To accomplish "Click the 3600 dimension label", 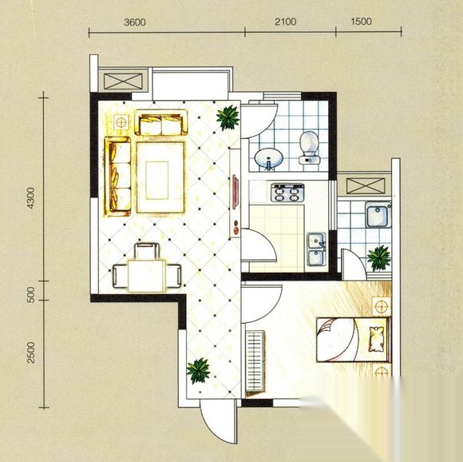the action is pos(135,22).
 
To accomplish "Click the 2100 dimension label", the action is pos(286,22).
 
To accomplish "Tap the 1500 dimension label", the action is pos(361,22).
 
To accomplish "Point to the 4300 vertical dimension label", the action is pos(30,198).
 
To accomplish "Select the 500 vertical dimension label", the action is pos(30,294).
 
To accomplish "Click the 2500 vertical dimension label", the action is pos(30,352).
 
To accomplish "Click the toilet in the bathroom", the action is pos(309,148).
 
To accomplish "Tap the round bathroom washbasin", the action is pos(269,158).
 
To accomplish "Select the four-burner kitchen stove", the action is pos(287,193).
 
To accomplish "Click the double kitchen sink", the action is pos(317,249).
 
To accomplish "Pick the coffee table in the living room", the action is pos(161,177).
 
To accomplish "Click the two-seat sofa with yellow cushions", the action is pos(161,122).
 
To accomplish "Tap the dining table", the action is pos(147,276).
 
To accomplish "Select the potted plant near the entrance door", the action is pos(198,371).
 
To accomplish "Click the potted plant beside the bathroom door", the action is pos(228,117).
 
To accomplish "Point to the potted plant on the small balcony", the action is pos(378,257).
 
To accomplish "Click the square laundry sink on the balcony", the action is pos(378,214).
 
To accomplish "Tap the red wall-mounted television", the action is pos(235,192).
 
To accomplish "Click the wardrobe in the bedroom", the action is pos(255,364).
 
